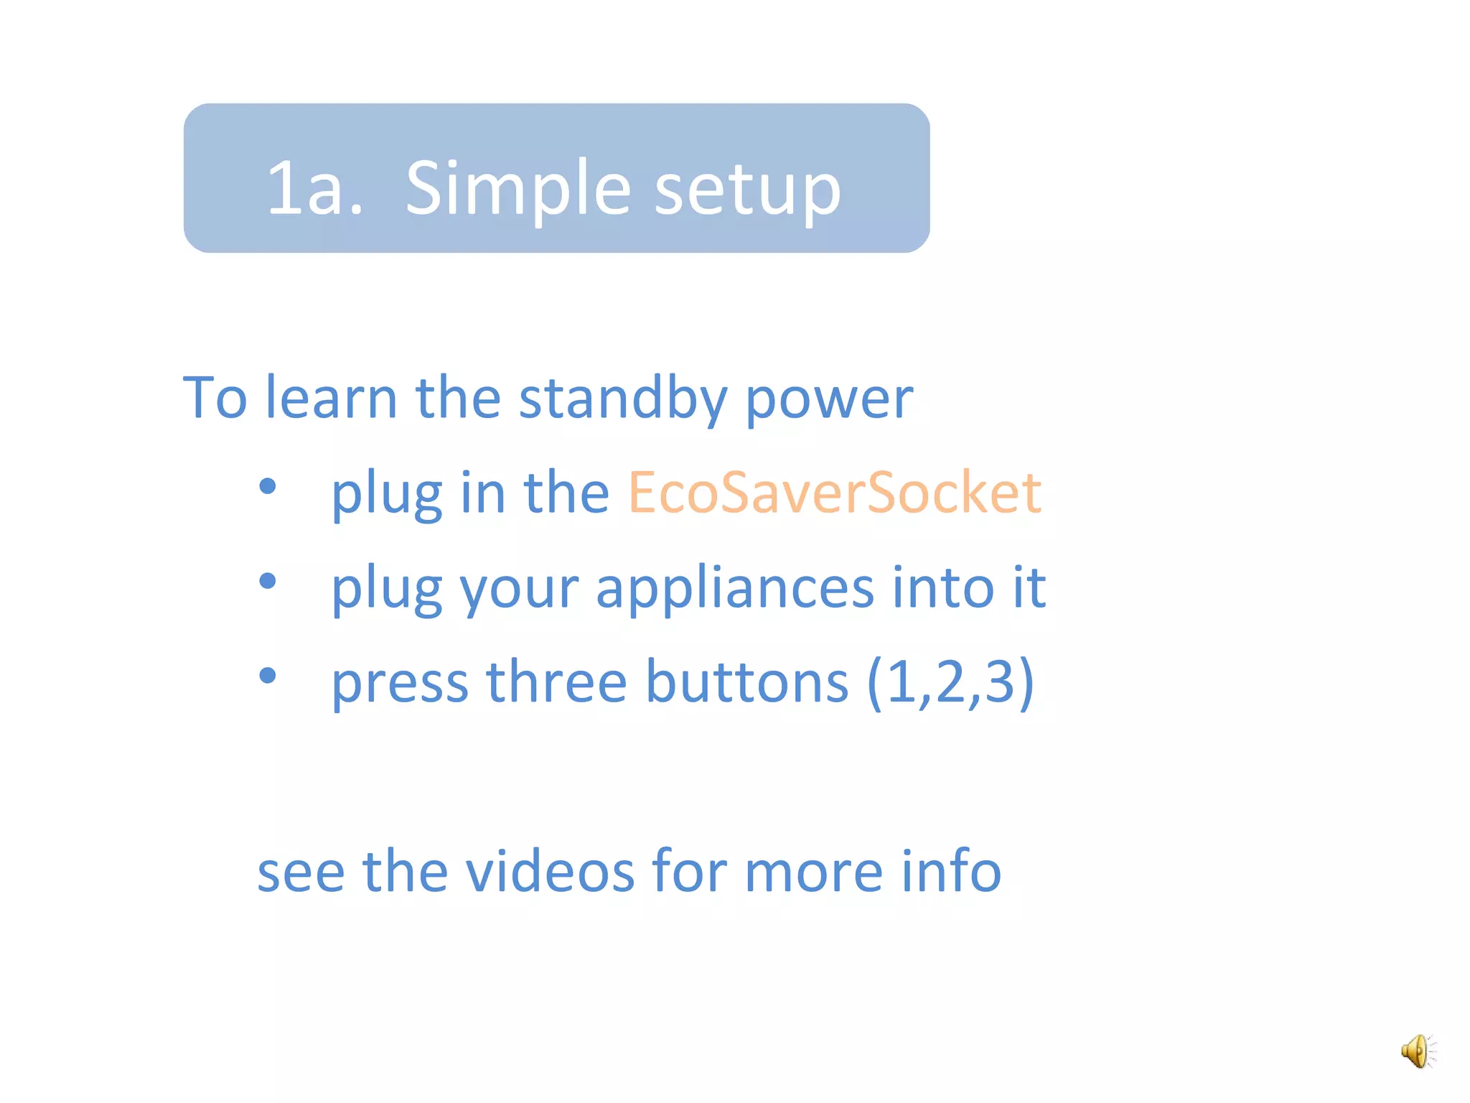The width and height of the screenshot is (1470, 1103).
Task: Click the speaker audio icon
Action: pyautogui.click(x=1418, y=1051)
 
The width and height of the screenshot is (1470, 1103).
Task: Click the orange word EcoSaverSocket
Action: pyautogui.click(x=834, y=493)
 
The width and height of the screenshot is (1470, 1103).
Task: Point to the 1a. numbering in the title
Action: pyautogui.click(x=314, y=188)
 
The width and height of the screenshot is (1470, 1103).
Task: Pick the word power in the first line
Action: pyautogui.click(x=829, y=399)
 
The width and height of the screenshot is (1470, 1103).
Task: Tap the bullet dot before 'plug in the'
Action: pyautogui.click(x=268, y=486)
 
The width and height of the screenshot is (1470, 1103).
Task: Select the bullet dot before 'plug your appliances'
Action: pyautogui.click(x=268, y=580)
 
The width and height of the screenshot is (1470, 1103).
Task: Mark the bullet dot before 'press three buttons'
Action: pyautogui.click(x=268, y=675)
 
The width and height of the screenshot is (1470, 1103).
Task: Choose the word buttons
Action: pyautogui.click(x=746, y=681)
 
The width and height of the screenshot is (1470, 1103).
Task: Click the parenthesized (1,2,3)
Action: pyautogui.click(x=950, y=681)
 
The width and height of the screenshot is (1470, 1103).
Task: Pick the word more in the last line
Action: pyautogui.click(x=813, y=872)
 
